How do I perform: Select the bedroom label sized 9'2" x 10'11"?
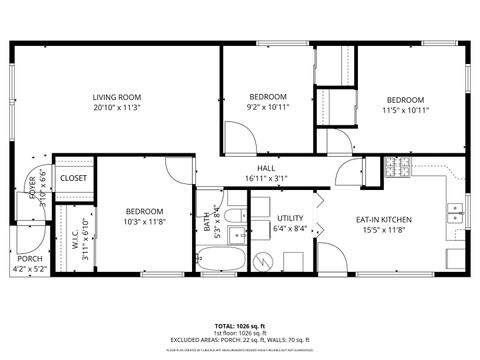point(268,97)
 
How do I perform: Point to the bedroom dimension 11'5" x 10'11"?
point(405,110)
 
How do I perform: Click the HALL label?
point(266,168)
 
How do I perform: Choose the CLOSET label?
point(73,178)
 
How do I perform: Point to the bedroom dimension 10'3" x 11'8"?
point(145,222)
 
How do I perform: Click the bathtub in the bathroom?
point(219,262)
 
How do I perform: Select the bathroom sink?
point(235,236)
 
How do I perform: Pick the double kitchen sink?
point(456,212)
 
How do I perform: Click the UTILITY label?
point(290,218)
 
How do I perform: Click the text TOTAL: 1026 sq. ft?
point(240,326)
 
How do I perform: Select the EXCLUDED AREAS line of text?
point(240,341)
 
